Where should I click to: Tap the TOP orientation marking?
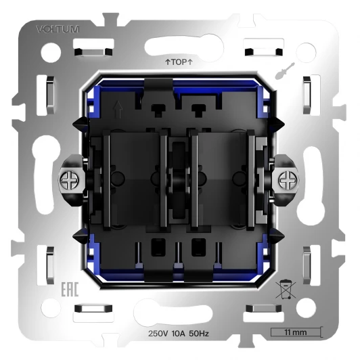click(180, 62)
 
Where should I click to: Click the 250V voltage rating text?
click(160, 334)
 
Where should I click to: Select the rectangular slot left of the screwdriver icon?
click(261, 51)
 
